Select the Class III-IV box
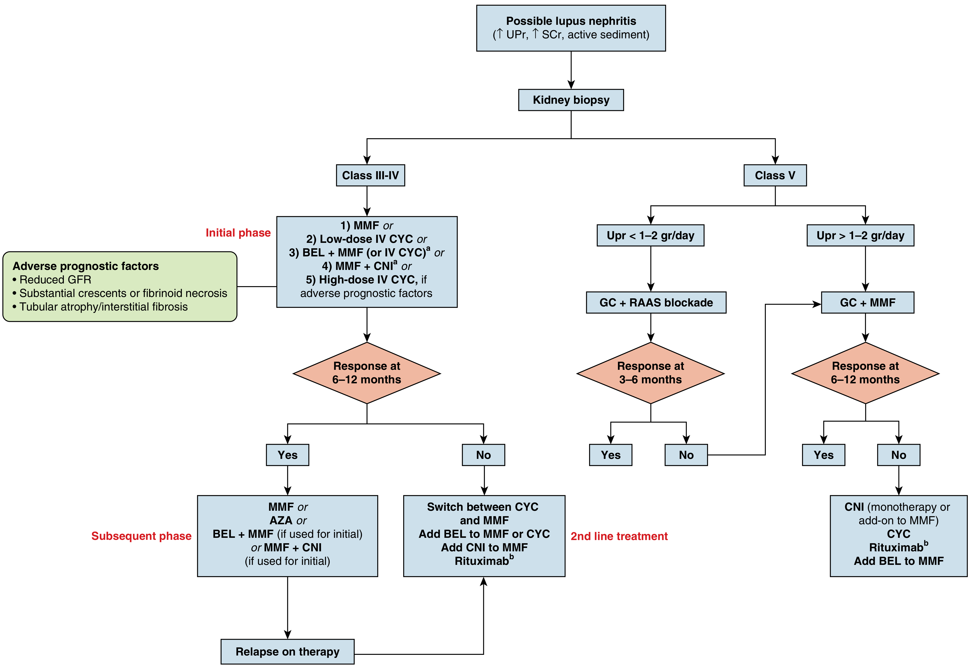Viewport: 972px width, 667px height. pos(370,175)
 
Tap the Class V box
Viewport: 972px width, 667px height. pos(775,175)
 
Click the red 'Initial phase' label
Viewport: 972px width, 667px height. pos(238,233)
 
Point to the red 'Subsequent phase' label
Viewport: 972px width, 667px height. pos(141,536)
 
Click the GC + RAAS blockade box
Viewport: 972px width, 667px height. pos(656,303)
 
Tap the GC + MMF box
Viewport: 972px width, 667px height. pos(868,303)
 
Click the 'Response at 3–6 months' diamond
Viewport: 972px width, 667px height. pos(650,373)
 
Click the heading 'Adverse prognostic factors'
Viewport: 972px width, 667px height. pos(86,266)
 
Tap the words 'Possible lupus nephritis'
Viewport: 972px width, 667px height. pos(571,21)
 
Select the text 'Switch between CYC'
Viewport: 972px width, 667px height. pos(483,507)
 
